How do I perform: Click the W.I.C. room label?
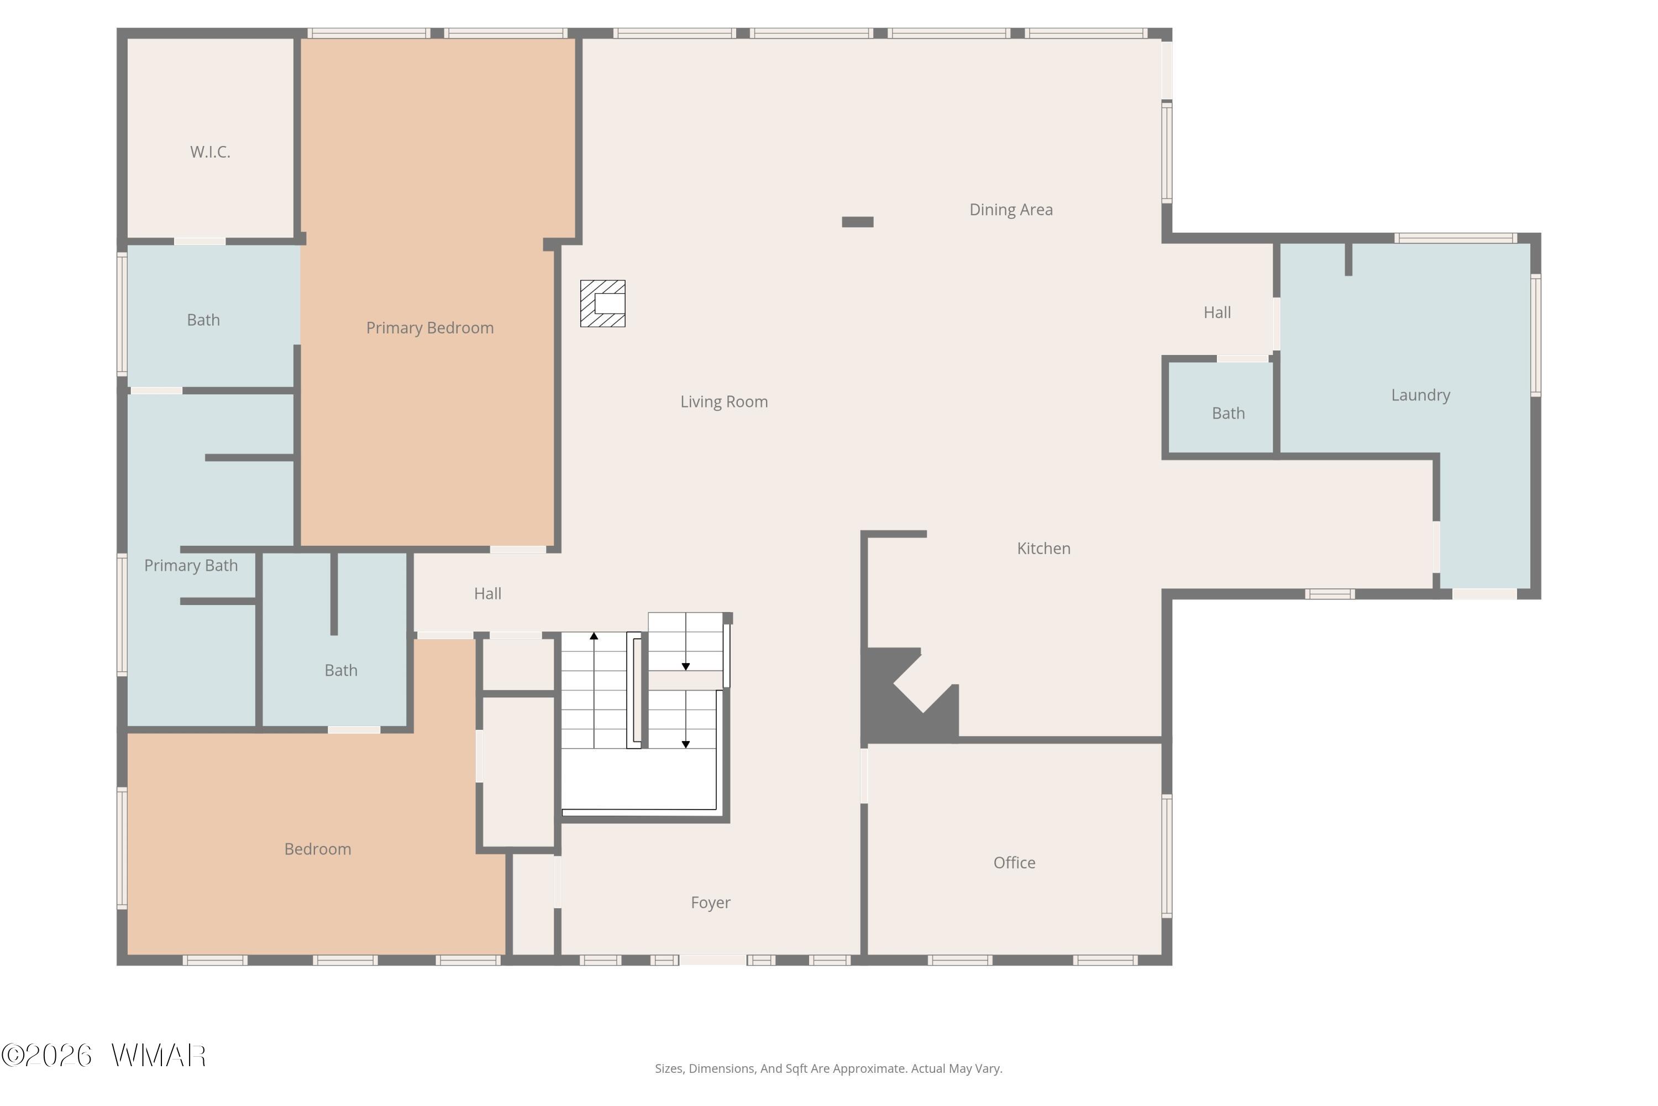click(210, 152)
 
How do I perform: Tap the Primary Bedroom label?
click(430, 328)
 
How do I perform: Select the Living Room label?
click(724, 401)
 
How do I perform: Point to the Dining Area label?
click(1011, 210)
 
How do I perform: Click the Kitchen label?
click(1043, 548)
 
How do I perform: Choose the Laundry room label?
click(1420, 395)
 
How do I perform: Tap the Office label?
click(1014, 863)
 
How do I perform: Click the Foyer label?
click(711, 903)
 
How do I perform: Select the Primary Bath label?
click(191, 566)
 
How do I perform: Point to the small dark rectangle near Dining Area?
click(858, 222)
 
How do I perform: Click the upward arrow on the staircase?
click(594, 690)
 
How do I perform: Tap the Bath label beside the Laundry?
click(1228, 413)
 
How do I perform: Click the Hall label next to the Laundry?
click(1218, 312)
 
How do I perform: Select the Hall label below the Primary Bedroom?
click(488, 594)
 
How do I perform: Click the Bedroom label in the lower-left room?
click(318, 849)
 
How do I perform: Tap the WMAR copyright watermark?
click(104, 1056)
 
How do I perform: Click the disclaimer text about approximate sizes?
click(828, 1068)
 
